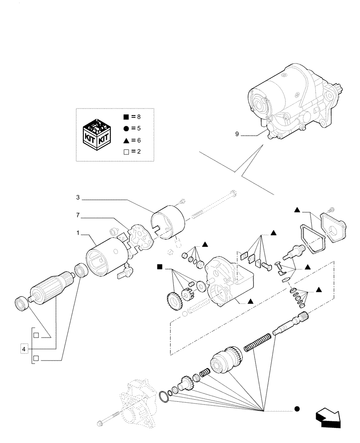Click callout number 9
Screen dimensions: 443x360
pos(237,134)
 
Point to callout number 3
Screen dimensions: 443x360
pos(78,198)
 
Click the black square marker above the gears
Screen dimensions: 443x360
pos(159,267)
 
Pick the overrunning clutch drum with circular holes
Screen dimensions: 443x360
pos(226,361)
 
